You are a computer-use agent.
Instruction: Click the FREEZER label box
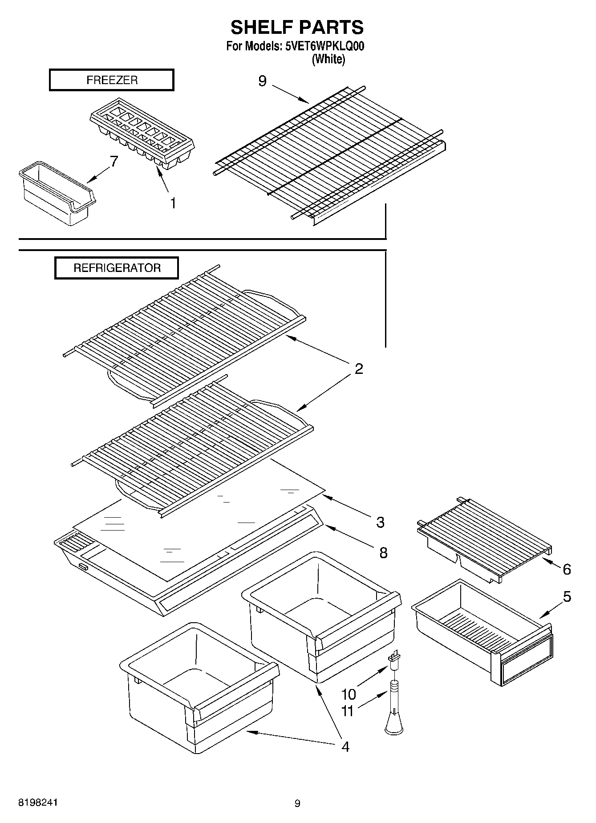tap(111, 80)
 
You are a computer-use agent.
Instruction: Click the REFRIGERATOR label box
tap(117, 268)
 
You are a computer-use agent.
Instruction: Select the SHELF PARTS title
tap(297, 28)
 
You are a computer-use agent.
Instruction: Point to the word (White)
tap(328, 59)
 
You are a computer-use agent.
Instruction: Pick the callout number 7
tap(114, 161)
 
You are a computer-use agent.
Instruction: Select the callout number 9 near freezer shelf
tap(263, 81)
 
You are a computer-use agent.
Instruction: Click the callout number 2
tap(359, 369)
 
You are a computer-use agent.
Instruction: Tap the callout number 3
tap(380, 522)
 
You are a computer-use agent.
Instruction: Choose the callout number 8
tap(383, 553)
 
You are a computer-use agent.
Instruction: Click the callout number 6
tap(567, 569)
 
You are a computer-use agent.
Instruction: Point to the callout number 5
tap(567, 596)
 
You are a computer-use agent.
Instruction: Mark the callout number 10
tap(349, 694)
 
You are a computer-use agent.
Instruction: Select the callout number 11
tap(347, 711)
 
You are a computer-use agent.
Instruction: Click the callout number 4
tap(345, 746)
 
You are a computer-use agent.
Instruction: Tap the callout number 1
tap(173, 203)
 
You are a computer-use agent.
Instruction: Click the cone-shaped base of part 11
tap(394, 725)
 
